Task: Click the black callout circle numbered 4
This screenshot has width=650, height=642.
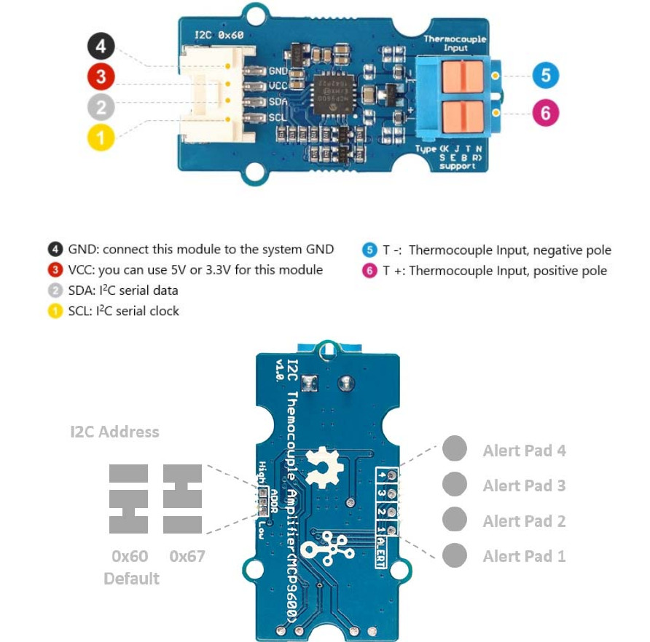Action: click(101, 47)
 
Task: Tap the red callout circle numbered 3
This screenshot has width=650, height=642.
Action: click(101, 76)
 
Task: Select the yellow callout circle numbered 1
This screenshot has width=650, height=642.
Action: click(101, 136)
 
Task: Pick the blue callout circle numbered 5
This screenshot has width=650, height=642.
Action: click(544, 76)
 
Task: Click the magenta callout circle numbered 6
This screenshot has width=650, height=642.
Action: click(544, 113)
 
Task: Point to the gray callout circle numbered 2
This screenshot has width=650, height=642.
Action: click(101, 107)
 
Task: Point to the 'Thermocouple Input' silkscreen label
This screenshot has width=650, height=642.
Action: click(455, 43)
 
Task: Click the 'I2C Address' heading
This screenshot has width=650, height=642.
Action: click(114, 432)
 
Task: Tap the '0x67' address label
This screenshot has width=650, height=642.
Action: click(187, 557)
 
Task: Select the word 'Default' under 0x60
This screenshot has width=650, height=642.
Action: click(131, 579)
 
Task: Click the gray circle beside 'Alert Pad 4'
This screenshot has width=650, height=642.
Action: click(454, 449)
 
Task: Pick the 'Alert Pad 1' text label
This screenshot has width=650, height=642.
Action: click(524, 556)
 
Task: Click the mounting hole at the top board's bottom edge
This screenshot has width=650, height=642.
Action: click(254, 172)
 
